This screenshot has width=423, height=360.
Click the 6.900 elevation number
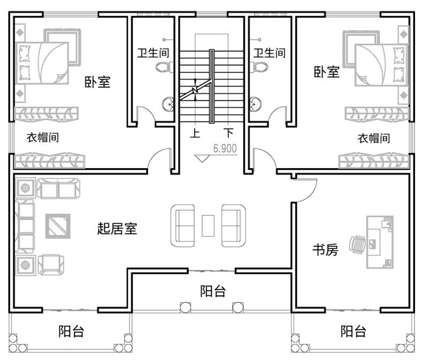pos(225,149)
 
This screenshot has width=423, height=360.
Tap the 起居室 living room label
pos(117,229)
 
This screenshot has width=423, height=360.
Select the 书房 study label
pos(325,250)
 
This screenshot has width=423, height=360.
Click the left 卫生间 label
pos(153,52)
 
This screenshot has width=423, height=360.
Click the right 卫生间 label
pos(269,52)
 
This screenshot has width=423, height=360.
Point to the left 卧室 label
pos(97,82)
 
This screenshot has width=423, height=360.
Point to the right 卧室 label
pos(326,71)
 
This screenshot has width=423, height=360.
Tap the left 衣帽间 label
pos(42,138)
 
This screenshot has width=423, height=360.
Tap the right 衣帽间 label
pos(374,138)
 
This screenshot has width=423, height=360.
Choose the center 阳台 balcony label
pos(213,291)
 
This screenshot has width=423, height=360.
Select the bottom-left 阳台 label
pos(71,331)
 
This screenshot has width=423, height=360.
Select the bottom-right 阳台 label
pos(353,331)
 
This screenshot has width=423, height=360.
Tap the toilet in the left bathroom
pos(163,66)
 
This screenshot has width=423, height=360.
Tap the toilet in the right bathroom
pos(260,66)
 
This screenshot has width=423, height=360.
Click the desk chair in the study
pos(357,244)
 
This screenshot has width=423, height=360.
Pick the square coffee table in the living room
pos(57,226)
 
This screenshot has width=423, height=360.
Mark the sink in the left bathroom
pos(168,103)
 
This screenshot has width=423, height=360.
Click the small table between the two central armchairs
pos(207,225)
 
